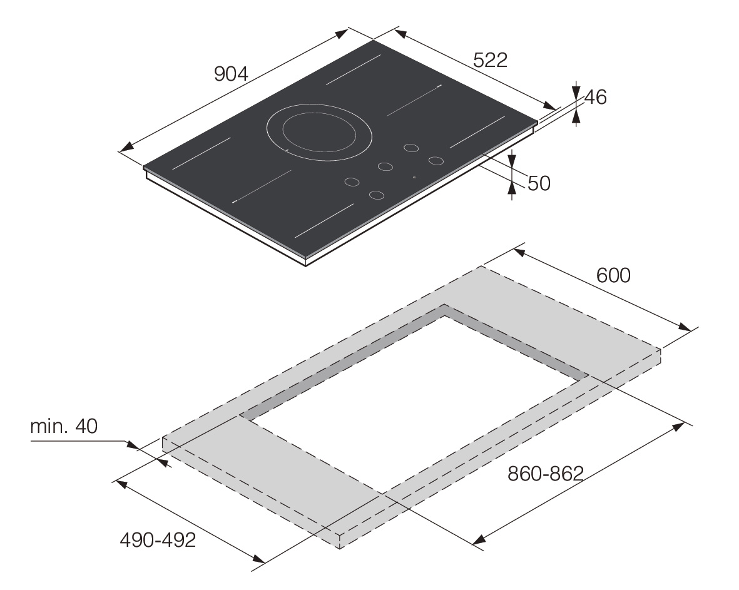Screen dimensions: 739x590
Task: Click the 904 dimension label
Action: (231, 73)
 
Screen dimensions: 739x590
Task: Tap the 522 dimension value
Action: (490, 60)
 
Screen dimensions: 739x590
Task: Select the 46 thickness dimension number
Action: (595, 97)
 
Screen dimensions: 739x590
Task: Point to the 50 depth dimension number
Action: (539, 183)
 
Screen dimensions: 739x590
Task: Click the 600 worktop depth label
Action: (613, 275)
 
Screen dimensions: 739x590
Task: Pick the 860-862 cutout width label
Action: (545, 474)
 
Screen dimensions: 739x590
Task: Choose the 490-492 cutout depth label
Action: (158, 540)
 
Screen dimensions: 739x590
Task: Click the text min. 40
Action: (64, 426)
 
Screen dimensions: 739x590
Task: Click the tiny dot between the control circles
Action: (414, 178)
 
